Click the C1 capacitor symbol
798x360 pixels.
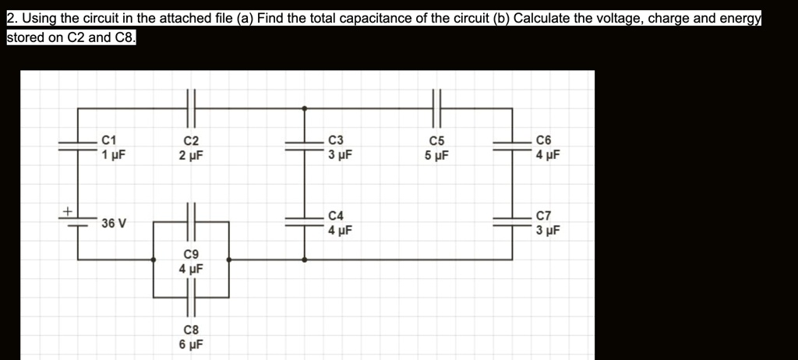click(x=78, y=145)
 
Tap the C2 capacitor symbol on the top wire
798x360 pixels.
click(x=191, y=107)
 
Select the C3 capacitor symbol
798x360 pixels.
click(x=304, y=145)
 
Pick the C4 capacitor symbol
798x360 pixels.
click(x=304, y=221)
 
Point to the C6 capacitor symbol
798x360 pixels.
click(x=512, y=145)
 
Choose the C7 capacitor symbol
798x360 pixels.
click(x=512, y=221)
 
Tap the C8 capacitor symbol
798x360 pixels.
click(x=191, y=297)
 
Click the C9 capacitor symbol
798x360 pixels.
click(x=191, y=221)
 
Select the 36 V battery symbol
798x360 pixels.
click(x=78, y=223)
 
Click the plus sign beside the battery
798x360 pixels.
click(x=68, y=210)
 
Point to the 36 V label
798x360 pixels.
click(x=114, y=224)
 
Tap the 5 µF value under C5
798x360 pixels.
click(x=436, y=155)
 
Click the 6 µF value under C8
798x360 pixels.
click(x=191, y=344)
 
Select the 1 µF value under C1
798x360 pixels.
click(x=114, y=154)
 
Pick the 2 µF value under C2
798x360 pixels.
click(x=191, y=155)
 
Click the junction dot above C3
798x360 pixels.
click(x=304, y=107)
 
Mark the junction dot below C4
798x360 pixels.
click(x=304, y=259)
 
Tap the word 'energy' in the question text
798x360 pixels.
click(x=739, y=17)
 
